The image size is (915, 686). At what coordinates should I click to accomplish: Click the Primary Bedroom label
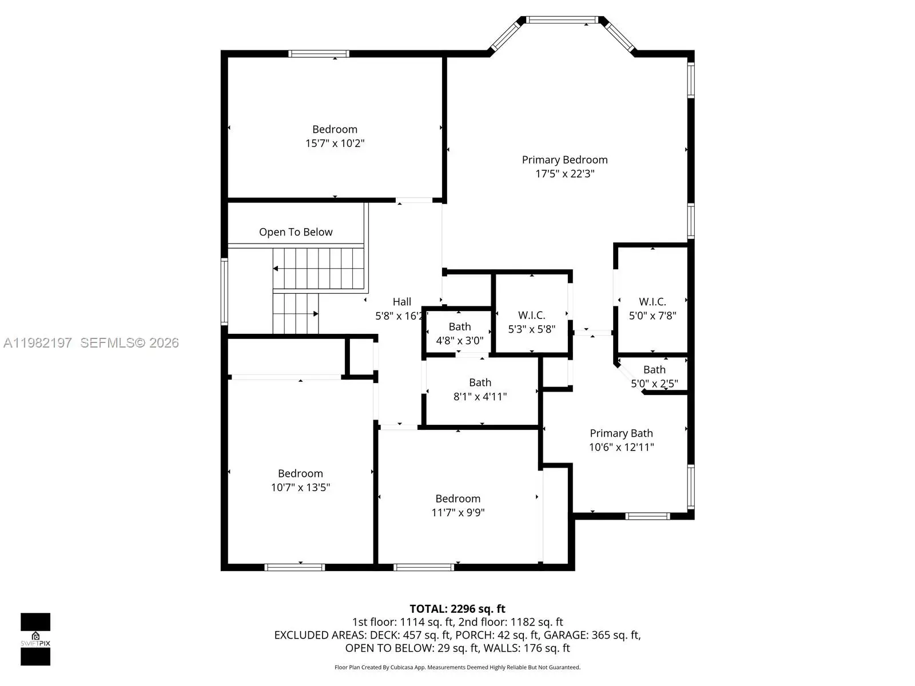[x=564, y=160]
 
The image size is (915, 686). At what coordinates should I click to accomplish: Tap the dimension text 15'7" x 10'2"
[x=335, y=143]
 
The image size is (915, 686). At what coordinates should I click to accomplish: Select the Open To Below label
[x=296, y=232]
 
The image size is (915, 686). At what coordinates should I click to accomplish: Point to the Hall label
[x=402, y=302]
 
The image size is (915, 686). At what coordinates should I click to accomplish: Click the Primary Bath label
[x=621, y=433]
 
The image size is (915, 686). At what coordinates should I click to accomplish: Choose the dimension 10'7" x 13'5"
[x=301, y=487]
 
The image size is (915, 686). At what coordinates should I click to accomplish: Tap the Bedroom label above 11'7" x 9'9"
[x=457, y=498]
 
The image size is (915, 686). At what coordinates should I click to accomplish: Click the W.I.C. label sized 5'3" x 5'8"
[x=531, y=316]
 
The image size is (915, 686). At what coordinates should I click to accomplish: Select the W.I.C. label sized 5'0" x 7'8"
[x=653, y=302]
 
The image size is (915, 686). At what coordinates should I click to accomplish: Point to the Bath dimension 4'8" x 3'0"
[x=460, y=341]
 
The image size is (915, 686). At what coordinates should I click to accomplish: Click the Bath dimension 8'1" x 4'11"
[x=480, y=397]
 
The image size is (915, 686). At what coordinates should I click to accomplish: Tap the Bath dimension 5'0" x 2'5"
[x=654, y=384]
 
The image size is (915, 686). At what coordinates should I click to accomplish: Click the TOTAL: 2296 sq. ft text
[x=457, y=609]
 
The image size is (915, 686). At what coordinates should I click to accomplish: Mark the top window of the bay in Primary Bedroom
[x=562, y=19]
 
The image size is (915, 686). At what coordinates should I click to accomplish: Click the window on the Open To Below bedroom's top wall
[x=319, y=54]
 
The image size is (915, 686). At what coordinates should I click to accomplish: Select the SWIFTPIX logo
[x=35, y=639]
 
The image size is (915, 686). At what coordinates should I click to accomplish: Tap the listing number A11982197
[x=38, y=343]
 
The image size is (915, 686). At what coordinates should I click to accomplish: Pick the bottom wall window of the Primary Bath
[x=647, y=516]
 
